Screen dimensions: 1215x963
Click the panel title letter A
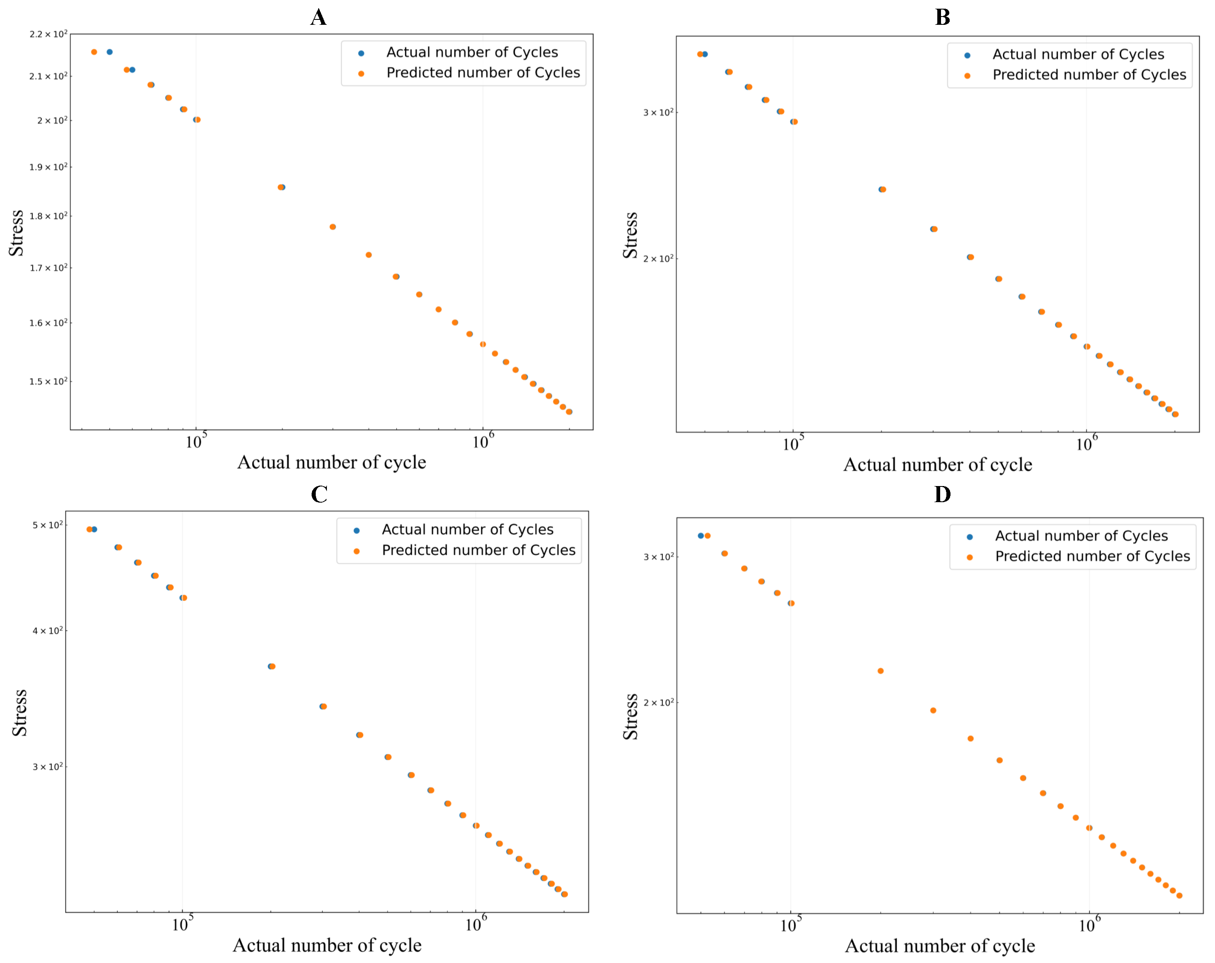[x=318, y=17]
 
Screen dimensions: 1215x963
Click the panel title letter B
[x=942, y=17]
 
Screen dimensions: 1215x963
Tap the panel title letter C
[x=319, y=494]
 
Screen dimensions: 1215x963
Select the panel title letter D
[x=942, y=494]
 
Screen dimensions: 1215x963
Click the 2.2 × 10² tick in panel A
[x=48, y=34]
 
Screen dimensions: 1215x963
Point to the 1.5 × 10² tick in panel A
[x=48, y=381]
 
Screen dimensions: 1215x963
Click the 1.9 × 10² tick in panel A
[x=48, y=167]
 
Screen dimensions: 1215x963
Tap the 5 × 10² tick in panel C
[x=48, y=525]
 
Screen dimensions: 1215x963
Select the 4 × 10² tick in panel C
[x=48, y=631]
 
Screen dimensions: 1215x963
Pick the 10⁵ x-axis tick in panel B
[x=793, y=443]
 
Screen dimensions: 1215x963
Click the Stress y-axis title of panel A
[x=17, y=233]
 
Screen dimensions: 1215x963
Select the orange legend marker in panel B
[x=967, y=76]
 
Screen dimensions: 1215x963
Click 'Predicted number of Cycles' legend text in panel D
[x=1092, y=556]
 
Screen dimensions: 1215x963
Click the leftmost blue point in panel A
[x=110, y=52]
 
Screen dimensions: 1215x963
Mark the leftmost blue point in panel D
[x=700, y=536]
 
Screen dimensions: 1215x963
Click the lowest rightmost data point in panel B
[x=1175, y=414]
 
